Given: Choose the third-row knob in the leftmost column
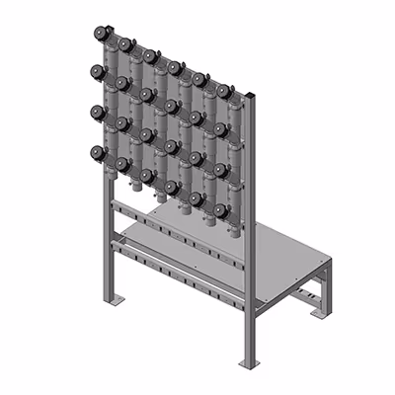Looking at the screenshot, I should [98, 113].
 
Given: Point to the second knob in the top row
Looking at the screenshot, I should [125, 44].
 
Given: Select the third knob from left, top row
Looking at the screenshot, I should [150, 56].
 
